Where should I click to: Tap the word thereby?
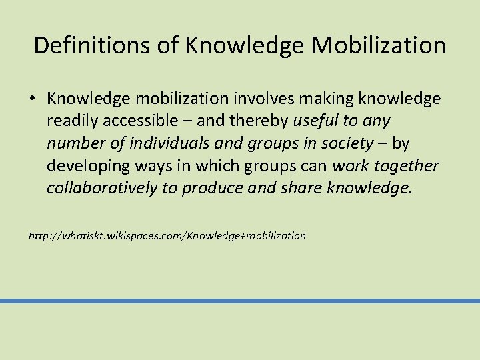tap(253, 121)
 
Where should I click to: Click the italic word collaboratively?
tap(101, 187)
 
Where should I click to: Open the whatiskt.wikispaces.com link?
tap(167, 235)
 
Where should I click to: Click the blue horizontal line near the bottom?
tap(240, 301)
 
